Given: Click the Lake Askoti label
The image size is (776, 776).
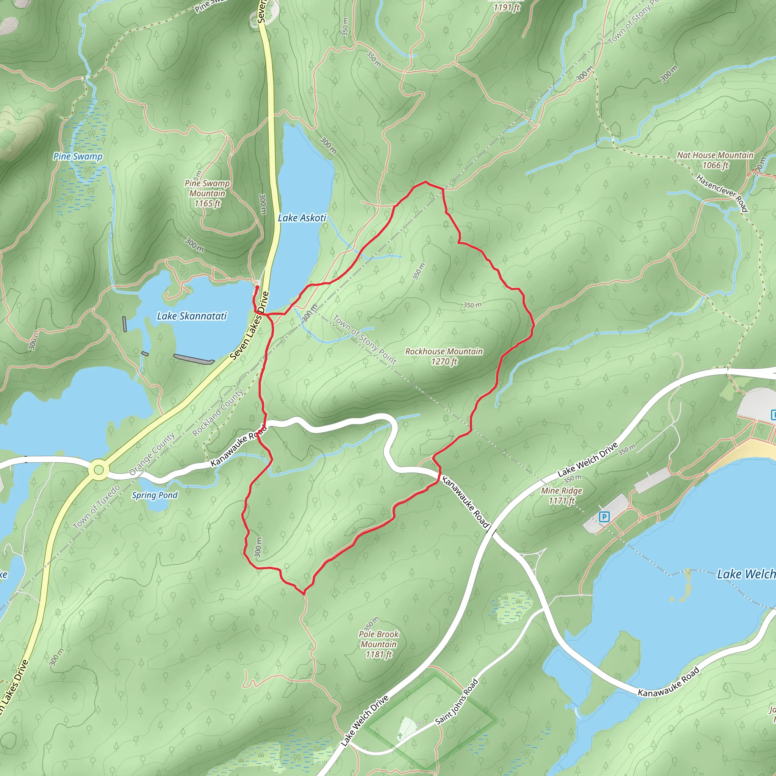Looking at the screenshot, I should point(302,218).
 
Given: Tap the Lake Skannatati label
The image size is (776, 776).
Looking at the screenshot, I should point(192,316).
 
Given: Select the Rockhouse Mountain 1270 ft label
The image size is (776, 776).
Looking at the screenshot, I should point(444,356).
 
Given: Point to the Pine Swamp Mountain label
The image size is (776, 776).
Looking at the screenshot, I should point(207,193).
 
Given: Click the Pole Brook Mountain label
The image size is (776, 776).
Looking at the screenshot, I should point(379,644).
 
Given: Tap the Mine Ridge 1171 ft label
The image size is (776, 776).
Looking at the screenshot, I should point(562,495).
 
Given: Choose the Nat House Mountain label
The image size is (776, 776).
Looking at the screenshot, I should point(715,160).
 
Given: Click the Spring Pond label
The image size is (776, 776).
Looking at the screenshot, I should point(155,495).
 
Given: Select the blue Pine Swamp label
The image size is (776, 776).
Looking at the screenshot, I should point(78,156).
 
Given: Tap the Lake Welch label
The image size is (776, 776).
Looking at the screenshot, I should point(746,574).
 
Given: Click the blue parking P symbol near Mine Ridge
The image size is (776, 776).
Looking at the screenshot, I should point(604,516).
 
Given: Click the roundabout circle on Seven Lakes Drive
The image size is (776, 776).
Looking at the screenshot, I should point(99,469).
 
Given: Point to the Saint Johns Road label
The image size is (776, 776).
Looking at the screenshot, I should point(457,701).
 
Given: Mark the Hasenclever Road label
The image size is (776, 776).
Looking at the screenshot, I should point(722,193).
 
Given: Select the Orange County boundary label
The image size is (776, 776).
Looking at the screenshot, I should point(152,454).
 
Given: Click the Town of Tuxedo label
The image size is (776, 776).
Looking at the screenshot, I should point(97,507).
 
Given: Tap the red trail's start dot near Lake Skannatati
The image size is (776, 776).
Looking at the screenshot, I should point(257,287).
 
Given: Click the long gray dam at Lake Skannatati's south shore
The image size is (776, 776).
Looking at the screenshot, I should point(194,359).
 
